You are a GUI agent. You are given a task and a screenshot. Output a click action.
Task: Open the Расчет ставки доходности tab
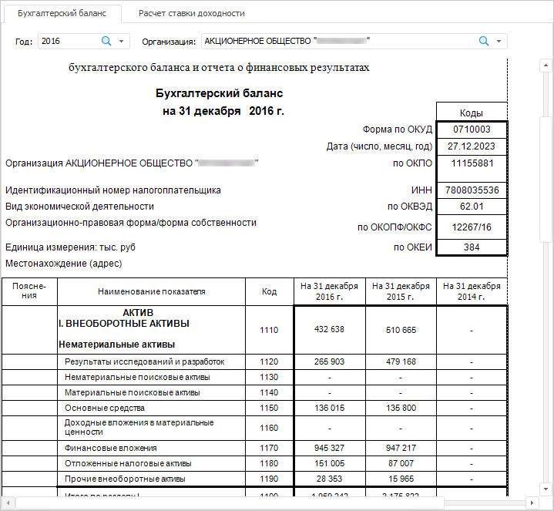click(191, 13)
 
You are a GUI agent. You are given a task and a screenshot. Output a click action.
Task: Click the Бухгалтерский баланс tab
click(62, 13)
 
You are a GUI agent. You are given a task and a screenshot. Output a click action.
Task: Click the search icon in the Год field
click(106, 41)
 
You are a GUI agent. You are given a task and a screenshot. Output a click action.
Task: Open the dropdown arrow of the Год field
click(122, 41)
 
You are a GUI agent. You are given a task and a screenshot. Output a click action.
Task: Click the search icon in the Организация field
click(484, 41)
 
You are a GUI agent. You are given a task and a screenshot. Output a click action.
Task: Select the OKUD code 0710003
click(471, 129)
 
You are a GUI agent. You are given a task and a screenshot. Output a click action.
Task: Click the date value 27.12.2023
click(471, 146)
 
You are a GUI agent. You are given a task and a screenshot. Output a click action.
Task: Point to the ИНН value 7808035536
click(471, 190)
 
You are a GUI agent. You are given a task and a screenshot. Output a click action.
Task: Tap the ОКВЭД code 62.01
click(471, 207)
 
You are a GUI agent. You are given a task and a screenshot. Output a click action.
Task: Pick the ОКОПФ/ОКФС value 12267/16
click(471, 227)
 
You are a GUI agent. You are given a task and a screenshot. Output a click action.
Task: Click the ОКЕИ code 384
click(471, 247)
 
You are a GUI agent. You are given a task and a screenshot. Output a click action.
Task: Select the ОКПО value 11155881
click(471, 163)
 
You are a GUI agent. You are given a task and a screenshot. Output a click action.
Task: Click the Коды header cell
click(471, 113)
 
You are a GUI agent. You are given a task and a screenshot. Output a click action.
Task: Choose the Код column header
click(269, 291)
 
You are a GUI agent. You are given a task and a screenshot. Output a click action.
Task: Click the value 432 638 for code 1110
click(330, 330)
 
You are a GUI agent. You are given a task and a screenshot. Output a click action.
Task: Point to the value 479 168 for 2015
click(401, 361)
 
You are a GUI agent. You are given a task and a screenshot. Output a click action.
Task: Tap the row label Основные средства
click(105, 408)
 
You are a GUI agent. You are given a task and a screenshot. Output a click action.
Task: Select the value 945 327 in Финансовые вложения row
click(330, 448)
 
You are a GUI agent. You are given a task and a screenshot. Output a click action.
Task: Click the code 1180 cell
click(269, 463)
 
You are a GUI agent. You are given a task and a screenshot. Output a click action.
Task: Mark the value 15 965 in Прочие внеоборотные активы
click(401, 479)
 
